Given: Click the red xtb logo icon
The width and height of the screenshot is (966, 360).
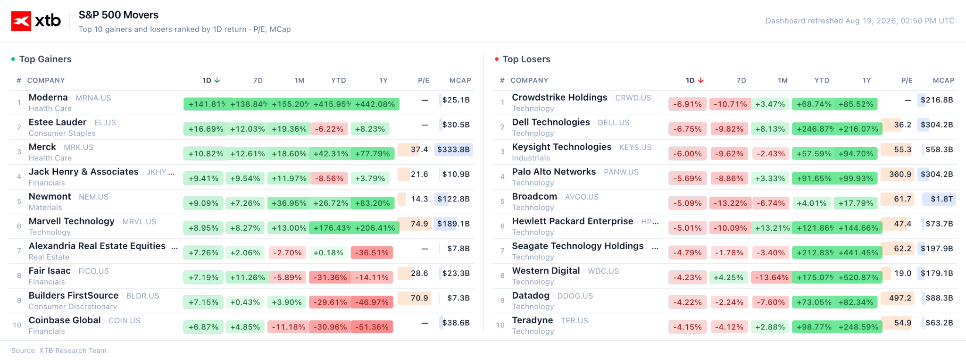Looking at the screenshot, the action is [21, 21].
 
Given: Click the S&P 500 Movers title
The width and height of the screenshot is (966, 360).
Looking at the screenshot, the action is [118, 15].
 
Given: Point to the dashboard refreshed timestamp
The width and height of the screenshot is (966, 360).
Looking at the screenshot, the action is [860, 21].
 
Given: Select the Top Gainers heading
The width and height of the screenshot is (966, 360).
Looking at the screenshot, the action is [45, 59].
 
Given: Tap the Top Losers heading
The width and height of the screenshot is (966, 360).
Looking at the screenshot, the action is [526, 59].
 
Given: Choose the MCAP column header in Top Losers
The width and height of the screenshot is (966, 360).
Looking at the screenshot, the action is [943, 80].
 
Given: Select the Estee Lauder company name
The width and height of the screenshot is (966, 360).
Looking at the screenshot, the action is [58, 122].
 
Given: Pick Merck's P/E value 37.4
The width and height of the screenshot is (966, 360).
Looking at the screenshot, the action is [419, 150].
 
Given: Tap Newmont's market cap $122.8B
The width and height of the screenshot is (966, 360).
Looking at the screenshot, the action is [453, 199].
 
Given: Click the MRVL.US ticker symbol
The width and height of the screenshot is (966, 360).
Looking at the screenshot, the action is [139, 222].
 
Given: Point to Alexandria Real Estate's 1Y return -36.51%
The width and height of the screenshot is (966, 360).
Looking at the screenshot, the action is [372, 253].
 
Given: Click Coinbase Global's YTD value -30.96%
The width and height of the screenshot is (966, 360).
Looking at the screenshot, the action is [330, 327].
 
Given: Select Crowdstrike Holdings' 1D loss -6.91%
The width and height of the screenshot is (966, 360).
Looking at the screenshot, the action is [688, 104].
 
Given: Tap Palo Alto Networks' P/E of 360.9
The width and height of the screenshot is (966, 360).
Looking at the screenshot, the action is [900, 174].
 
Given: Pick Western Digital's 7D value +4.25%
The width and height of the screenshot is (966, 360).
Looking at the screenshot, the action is [728, 277].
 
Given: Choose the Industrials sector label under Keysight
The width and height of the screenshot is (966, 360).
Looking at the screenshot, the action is [531, 158].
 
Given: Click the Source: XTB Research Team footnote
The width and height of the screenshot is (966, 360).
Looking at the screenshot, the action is [59, 351].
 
